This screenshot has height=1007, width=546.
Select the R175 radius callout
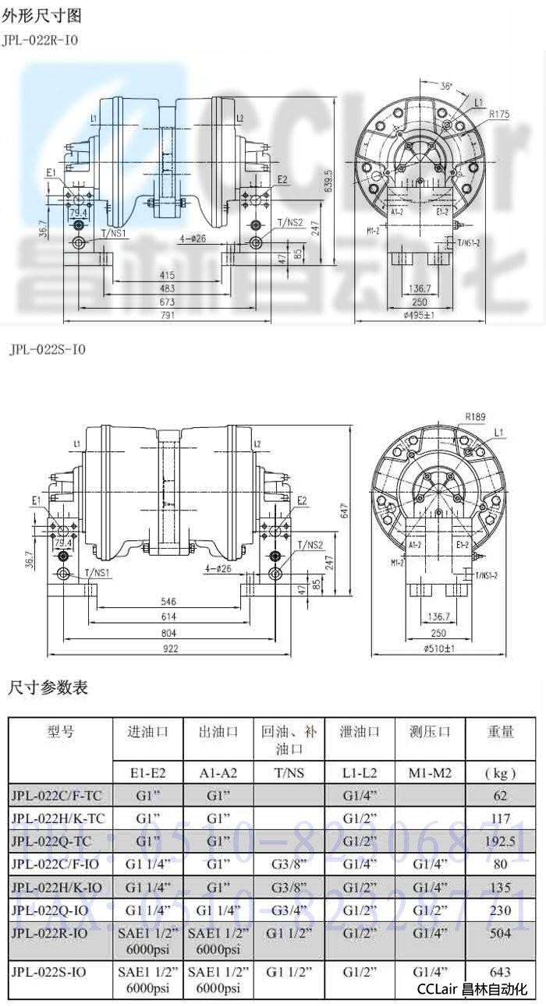click(x=499, y=114)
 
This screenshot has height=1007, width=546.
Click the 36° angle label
click(x=446, y=86)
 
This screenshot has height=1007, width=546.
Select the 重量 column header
click(x=500, y=731)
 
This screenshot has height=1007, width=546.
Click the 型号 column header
click(x=61, y=731)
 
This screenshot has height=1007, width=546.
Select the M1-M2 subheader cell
click(x=431, y=773)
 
